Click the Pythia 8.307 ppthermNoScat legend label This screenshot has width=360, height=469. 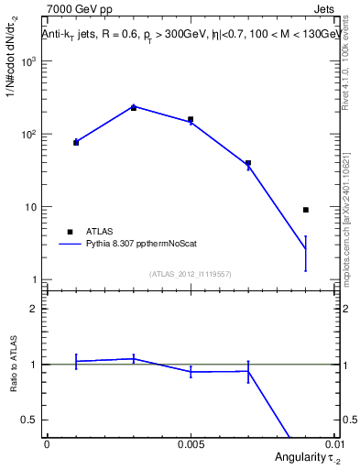click(x=141, y=244)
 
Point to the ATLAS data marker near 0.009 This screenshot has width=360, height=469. click(x=306, y=210)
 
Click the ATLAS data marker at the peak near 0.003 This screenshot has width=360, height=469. click(x=134, y=108)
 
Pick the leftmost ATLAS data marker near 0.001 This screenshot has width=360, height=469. click(x=76, y=142)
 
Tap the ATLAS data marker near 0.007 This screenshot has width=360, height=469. click(x=248, y=163)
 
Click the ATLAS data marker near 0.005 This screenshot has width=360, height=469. click(x=191, y=120)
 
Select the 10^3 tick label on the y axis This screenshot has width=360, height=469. click(x=28, y=61)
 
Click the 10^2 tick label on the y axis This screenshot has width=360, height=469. click(x=28, y=135)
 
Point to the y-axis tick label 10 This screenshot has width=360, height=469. click(x=31, y=207)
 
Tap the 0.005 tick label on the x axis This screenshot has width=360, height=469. click(x=191, y=443)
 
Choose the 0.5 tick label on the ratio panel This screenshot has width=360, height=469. click(x=32, y=420)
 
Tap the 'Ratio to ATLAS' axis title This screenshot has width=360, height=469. click(x=13, y=365)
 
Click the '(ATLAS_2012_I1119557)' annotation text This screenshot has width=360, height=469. click(x=191, y=273)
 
